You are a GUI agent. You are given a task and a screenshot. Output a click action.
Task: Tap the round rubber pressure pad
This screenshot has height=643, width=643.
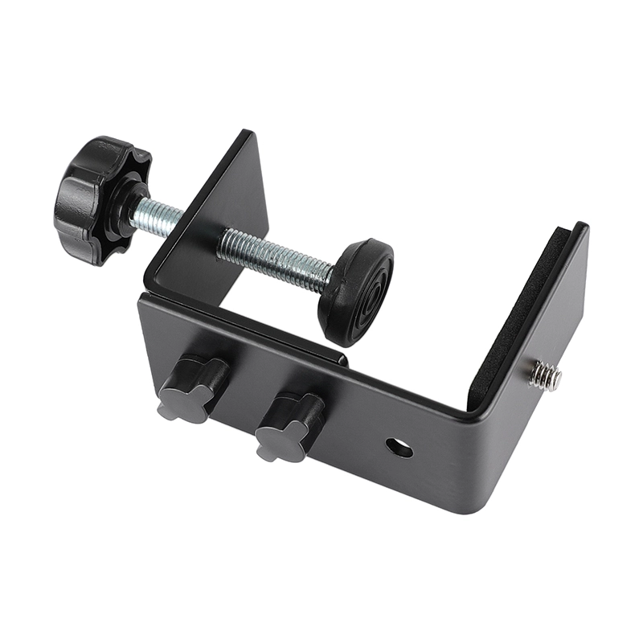[356, 291]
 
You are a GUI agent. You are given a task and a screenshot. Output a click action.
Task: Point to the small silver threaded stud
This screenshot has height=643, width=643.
[545, 375]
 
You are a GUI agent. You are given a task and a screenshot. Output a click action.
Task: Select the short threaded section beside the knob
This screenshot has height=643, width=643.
[157, 216]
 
